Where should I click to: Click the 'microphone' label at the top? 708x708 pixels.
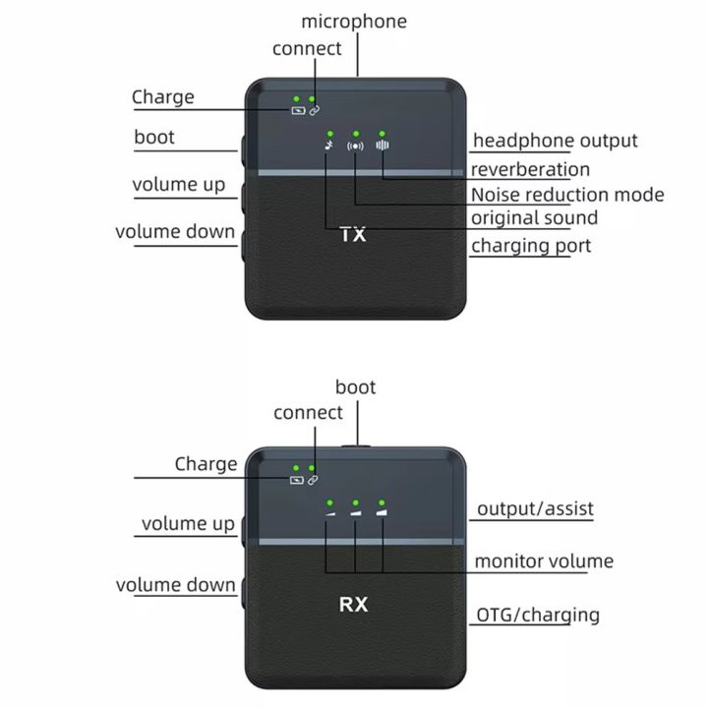(353, 21)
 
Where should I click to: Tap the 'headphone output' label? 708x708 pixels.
(555, 141)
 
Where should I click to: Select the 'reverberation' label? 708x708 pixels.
(530, 169)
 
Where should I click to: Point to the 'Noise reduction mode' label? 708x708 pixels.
(567, 195)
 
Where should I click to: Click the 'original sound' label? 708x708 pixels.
(534, 217)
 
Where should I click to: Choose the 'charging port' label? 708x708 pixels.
(531, 245)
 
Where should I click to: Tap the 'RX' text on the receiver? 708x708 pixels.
(353, 605)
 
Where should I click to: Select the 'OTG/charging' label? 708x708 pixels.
(538, 616)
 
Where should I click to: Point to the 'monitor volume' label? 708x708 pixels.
(544, 561)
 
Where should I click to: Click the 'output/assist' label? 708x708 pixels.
(535, 509)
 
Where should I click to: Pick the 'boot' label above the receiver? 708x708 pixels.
(355, 386)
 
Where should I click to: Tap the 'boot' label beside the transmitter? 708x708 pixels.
(154, 137)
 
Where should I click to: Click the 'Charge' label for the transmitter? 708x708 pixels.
(163, 97)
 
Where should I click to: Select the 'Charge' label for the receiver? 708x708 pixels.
(206, 463)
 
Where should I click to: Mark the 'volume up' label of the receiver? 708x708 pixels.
(188, 523)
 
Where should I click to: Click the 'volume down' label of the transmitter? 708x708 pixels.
(175, 232)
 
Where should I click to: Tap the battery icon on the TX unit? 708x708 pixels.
(297, 110)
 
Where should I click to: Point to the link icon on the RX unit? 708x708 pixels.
(313, 480)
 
